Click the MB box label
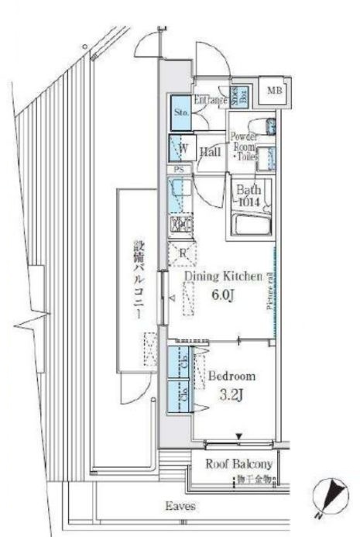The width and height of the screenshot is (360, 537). pyautogui.click(x=273, y=92)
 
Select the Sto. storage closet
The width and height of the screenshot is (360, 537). pyautogui.click(x=181, y=112)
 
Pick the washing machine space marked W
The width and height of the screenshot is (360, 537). pyautogui.click(x=184, y=148)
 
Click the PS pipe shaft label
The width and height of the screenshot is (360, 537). pyautogui.click(x=179, y=170)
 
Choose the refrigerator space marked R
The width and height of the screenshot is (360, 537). pyautogui.click(x=183, y=252)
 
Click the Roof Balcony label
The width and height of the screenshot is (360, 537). pyautogui.click(x=239, y=465)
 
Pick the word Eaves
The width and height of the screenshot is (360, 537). pyautogui.click(x=180, y=507)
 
